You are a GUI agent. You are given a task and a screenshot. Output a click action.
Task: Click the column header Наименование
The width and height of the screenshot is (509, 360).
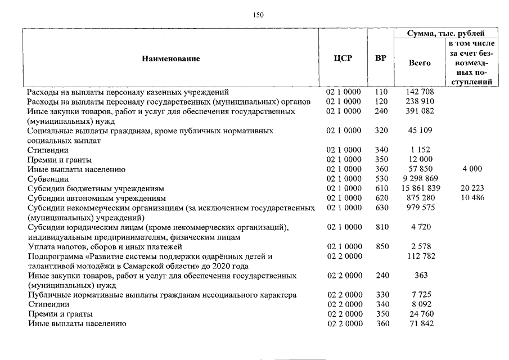coord(170,58)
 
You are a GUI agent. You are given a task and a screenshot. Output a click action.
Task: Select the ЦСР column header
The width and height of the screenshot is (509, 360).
coord(343,58)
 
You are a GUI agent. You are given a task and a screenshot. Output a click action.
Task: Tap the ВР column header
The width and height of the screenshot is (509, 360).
coord(381,58)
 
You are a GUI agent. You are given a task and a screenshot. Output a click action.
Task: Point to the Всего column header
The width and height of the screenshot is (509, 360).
coord(419,63)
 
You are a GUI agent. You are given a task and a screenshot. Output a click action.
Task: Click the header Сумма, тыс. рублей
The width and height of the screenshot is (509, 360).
coord(445,34)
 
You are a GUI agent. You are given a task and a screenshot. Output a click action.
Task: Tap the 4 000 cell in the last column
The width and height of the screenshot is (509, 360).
coord(472,169)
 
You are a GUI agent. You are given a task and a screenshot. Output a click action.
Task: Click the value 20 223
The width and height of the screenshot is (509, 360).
coord(472,188)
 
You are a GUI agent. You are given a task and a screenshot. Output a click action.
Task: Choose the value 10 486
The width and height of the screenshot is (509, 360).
coord(472,198)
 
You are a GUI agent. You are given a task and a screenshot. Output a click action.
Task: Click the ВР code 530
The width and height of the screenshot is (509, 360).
coord(381,179)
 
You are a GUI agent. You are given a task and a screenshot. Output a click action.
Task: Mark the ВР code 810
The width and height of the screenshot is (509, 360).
coord(381,227)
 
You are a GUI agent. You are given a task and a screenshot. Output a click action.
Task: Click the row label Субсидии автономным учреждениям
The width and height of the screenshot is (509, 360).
coord(96,198)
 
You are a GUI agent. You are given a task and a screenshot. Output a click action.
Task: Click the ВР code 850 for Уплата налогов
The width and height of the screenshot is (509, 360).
coord(381,247)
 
